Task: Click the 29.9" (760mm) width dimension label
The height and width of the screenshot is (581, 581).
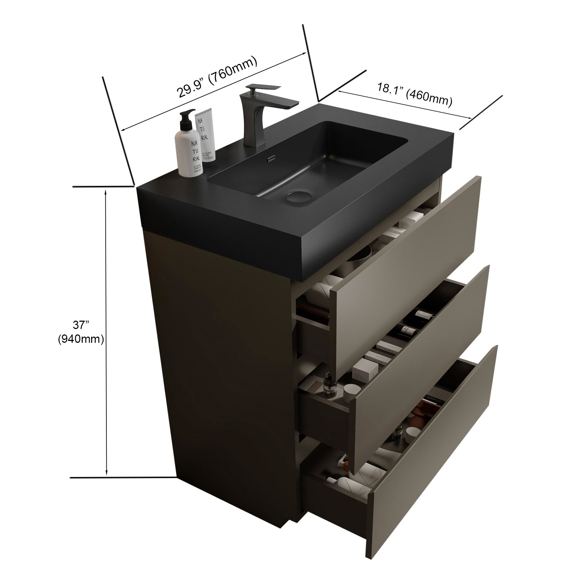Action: click(217, 77)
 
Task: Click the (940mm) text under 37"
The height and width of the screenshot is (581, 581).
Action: click(81, 339)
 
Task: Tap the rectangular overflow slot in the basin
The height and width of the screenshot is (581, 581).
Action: click(271, 159)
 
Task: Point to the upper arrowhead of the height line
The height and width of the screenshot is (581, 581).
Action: click(106, 192)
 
